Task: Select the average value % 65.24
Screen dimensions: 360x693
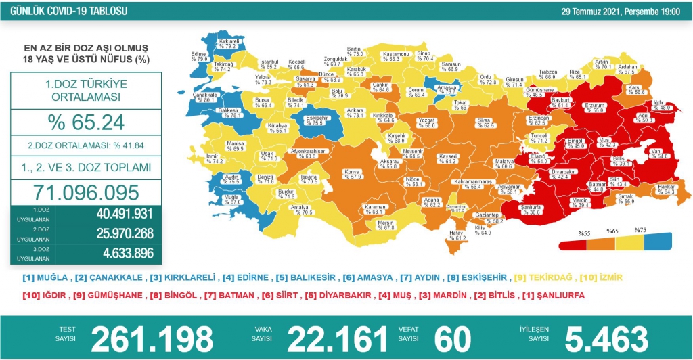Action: pyautogui.click(x=86, y=123)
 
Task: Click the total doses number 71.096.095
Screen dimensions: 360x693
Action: pyautogui.click(x=86, y=192)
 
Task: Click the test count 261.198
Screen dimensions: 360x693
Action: pyautogui.click(x=152, y=337)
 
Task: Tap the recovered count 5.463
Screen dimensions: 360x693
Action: pyautogui.click(x=600, y=337)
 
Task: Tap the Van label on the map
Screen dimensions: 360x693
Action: pyautogui.click(x=640, y=153)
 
